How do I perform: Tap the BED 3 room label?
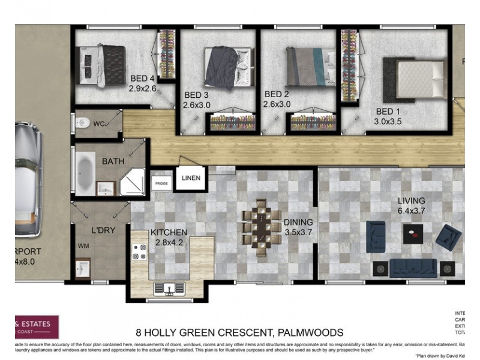[x=196, y=95]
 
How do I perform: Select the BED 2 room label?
[x=277, y=94]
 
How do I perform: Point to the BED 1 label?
[x=388, y=112]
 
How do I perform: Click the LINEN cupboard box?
[x=191, y=178]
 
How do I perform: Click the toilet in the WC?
[x=83, y=123]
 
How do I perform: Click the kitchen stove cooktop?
[x=140, y=251]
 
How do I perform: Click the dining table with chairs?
[x=262, y=227]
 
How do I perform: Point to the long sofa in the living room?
[x=413, y=268]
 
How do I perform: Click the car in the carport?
[x=26, y=180]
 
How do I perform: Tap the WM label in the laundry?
[x=83, y=246]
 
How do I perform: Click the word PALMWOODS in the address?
[x=310, y=332]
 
